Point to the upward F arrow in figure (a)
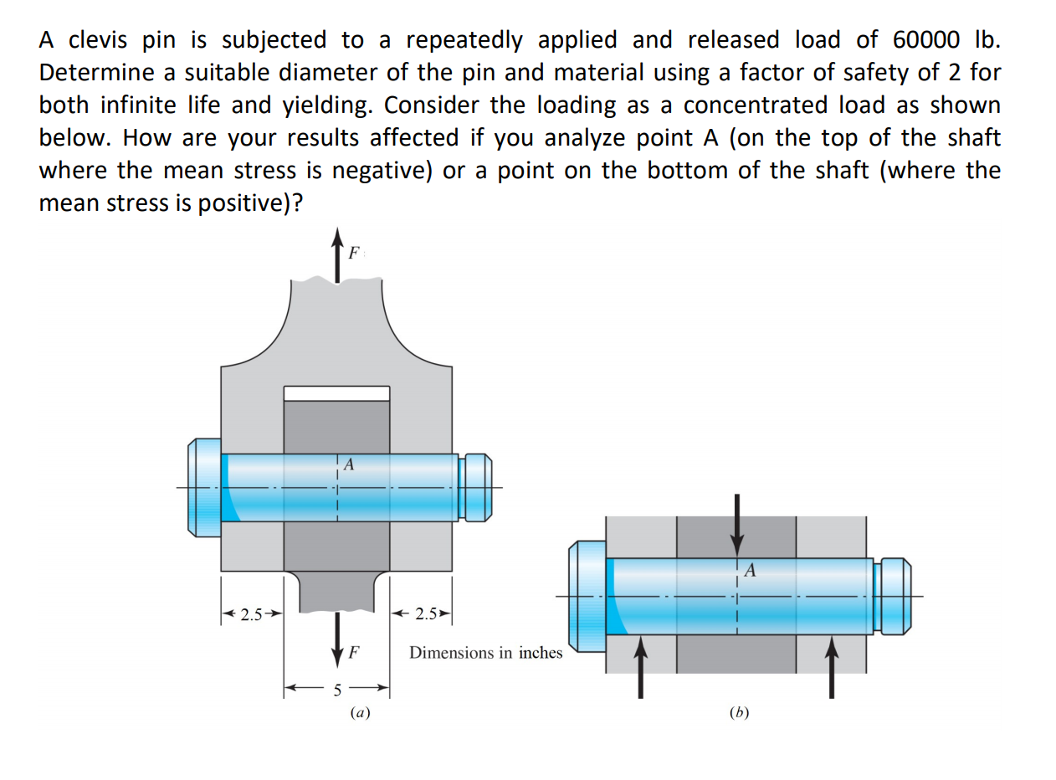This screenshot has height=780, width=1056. pyautogui.click(x=337, y=251)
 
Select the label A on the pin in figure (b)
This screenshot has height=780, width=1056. pyautogui.click(x=750, y=572)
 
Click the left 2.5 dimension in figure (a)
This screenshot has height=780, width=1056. pyautogui.click(x=252, y=615)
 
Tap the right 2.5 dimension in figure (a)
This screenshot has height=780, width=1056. pyautogui.click(x=426, y=615)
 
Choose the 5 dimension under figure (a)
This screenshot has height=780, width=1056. pyautogui.click(x=338, y=690)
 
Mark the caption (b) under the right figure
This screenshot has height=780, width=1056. pyautogui.click(x=738, y=713)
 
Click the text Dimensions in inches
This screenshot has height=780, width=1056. pyautogui.click(x=485, y=653)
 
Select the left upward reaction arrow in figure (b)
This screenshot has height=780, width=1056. pyautogui.click(x=640, y=666)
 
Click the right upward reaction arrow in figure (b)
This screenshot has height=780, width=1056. pyautogui.click(x=831, y=666)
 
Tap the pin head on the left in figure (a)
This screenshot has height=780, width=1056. pyautogui.click(x=203, y=488)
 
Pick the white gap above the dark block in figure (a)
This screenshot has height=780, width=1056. pyautogui.click(x=336, y=393)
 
